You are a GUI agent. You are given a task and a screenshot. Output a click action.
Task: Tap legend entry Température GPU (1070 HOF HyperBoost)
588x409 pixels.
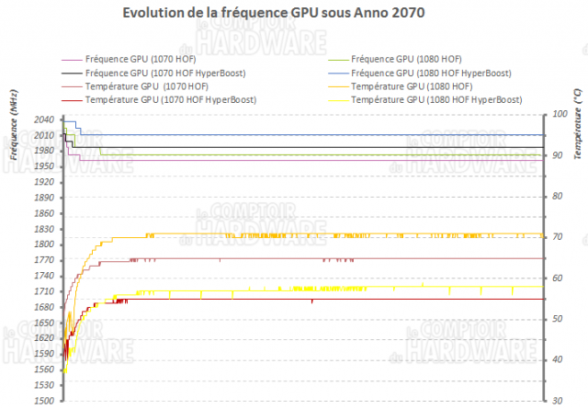[164, 99]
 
